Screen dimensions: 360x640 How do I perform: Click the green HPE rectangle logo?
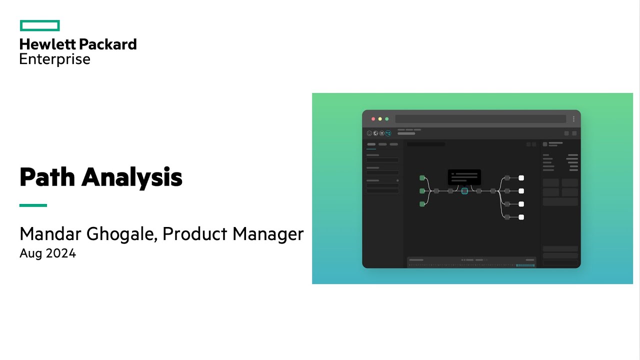(x=40, y=25)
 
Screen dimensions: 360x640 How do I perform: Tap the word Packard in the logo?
(x=107, y=44)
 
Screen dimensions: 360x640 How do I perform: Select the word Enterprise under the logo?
(x=55, y=59)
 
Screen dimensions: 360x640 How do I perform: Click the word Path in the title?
(x=46, y=177)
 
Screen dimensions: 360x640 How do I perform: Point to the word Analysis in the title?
(x=132, y=177)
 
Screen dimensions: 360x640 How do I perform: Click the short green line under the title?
(x=33, y=205)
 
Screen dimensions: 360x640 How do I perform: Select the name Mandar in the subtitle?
(x=50, y=234)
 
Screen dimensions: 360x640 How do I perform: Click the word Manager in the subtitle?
(x=269, y=234)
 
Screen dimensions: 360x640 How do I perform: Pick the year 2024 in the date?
(x=61, y=253)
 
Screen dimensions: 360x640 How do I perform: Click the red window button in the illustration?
(x=373, y=119)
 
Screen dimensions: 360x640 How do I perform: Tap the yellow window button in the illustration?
(x=380, y=119)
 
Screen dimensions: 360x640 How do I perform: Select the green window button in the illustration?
(x=386, y=119)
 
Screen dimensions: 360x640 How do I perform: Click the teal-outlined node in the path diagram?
(x=464, y=191)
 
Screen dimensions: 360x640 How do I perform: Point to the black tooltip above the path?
(x=464, y=176)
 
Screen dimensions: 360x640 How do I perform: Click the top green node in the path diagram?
(x=422, y=178)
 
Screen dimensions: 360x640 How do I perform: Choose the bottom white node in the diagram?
(x=521, y=217)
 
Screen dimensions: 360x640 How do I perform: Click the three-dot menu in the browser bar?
(x=573, y=119)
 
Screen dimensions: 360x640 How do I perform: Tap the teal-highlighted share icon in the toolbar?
(x=388, y=133)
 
